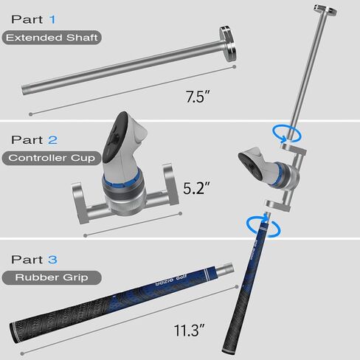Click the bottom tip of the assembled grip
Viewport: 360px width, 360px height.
(x=229, y=347)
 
